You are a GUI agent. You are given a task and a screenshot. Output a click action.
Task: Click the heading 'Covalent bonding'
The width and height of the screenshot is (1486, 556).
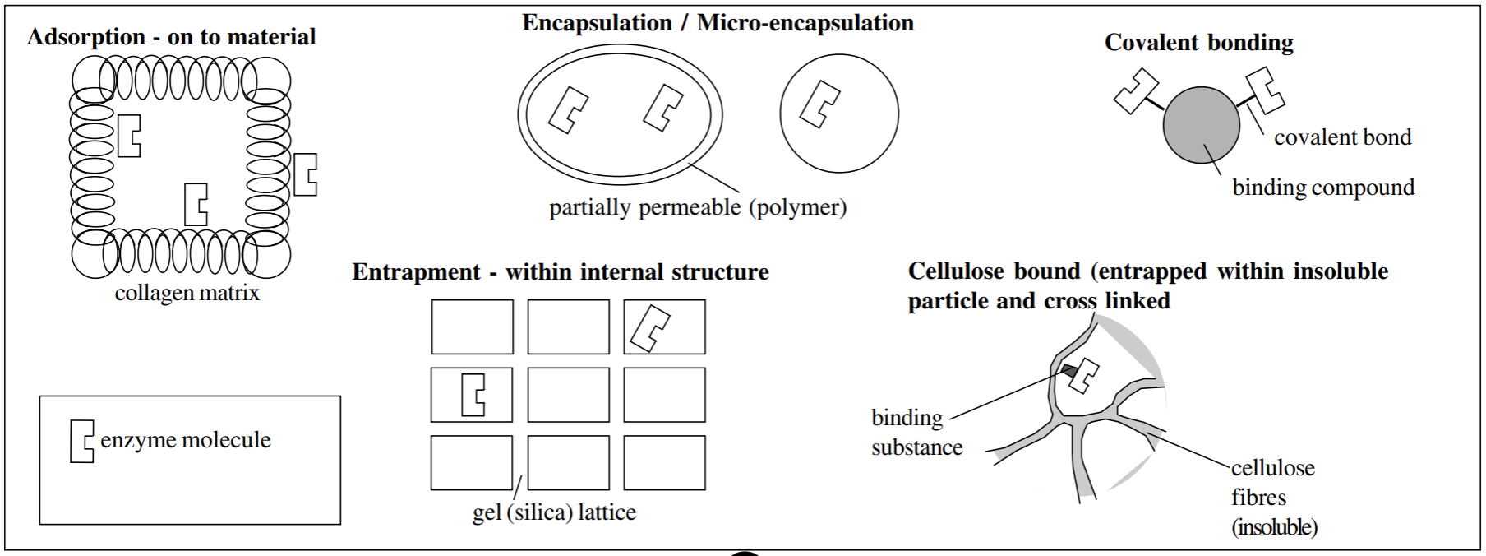(x=1198, y=43)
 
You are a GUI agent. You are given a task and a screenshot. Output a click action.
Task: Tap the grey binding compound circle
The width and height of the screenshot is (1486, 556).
(x=1201, y=126)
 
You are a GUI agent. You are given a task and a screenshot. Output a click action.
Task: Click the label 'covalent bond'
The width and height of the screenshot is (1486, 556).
(x=1342, y=137)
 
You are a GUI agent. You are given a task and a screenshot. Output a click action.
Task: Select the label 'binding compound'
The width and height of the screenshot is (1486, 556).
(x=1322, y=188)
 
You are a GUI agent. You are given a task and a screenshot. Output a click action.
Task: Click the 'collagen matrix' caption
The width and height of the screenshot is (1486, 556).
(x=187, y=294)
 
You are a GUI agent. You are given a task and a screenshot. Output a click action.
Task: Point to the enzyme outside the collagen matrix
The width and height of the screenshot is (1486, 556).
(x=305, y=174)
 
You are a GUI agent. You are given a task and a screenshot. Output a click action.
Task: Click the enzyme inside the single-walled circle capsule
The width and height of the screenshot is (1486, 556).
(x=819, y=104)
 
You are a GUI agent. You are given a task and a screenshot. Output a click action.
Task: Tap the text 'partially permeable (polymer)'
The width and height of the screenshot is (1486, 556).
(x=697, y=207)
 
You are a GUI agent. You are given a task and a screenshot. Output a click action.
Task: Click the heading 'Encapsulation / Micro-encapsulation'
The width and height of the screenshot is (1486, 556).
(x=718, y=23)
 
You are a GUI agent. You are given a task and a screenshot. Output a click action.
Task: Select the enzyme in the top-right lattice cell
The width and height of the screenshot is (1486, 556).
(x=650, y=327)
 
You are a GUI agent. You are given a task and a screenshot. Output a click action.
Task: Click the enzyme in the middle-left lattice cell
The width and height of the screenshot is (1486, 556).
(x=473, y=395)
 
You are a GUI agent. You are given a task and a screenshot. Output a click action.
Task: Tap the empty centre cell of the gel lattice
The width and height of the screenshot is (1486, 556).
(x=568, y=395)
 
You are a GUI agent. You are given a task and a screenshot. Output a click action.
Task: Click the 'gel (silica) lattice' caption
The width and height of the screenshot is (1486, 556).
(x=554, y=512)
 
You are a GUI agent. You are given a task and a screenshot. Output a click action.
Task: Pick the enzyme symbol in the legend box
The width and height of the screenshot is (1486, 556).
(x=81, y=441)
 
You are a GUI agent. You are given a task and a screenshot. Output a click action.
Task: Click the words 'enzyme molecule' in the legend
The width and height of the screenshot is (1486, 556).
(x=186, y=440)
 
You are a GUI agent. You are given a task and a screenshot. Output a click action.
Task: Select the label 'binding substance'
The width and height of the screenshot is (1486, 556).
(x=916, y=433)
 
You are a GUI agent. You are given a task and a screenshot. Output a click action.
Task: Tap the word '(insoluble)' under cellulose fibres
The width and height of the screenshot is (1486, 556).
(x=1274, y=527)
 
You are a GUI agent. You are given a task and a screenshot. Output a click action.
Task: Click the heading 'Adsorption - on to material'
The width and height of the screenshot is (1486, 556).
(x=171, y=37)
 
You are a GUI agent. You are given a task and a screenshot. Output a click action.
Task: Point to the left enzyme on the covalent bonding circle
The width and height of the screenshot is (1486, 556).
(x=1135, y=90)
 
